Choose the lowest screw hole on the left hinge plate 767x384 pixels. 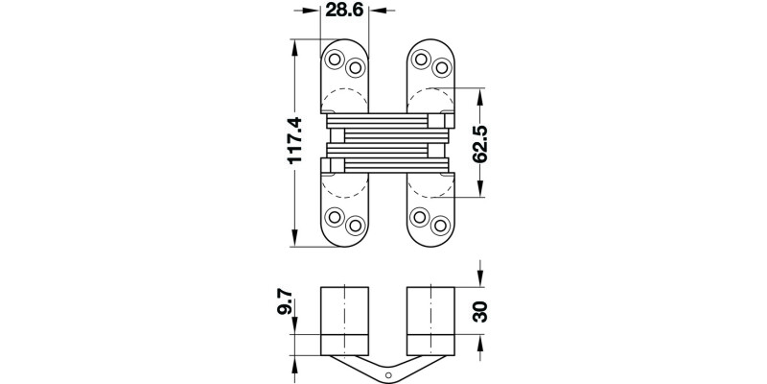(355, 226)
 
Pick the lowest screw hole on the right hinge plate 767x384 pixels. (441, 226)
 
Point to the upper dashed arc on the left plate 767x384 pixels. (344, 101)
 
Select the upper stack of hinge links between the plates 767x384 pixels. (387, 125)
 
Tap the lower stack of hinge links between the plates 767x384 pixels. (387, 158)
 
